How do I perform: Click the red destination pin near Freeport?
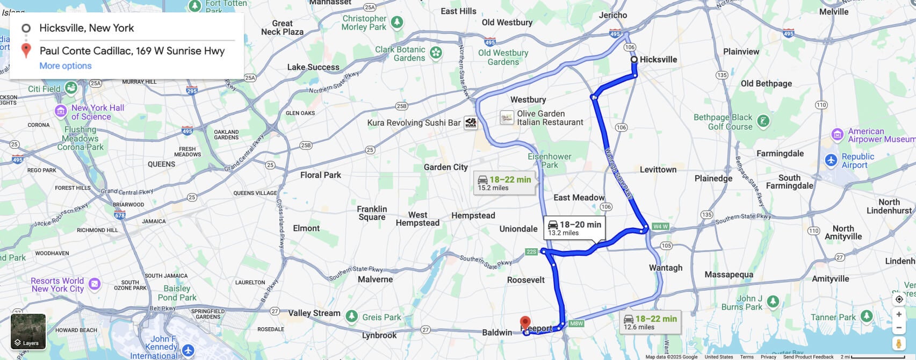[525, 323]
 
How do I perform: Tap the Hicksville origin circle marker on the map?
[634, 60]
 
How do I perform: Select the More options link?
[66, 66]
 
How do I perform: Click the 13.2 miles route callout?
[575, 228]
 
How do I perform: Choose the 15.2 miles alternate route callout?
[504, 183]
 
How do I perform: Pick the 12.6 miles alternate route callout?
[650, 322]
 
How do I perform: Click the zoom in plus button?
[899, 314]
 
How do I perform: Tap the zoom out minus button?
[899, 328]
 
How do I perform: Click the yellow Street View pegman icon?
[899, 343]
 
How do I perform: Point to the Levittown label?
[658, 169]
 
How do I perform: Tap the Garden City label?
[445, 167]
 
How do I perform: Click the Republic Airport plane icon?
[831, 160]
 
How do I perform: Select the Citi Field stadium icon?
[70, 88]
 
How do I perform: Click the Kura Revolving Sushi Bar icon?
[471, 123]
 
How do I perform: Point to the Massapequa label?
[729, 275]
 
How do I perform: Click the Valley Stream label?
[314, 313]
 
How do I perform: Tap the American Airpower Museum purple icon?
[837, 134]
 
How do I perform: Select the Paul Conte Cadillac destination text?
[132, 51]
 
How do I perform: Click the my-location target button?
[899, 299]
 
